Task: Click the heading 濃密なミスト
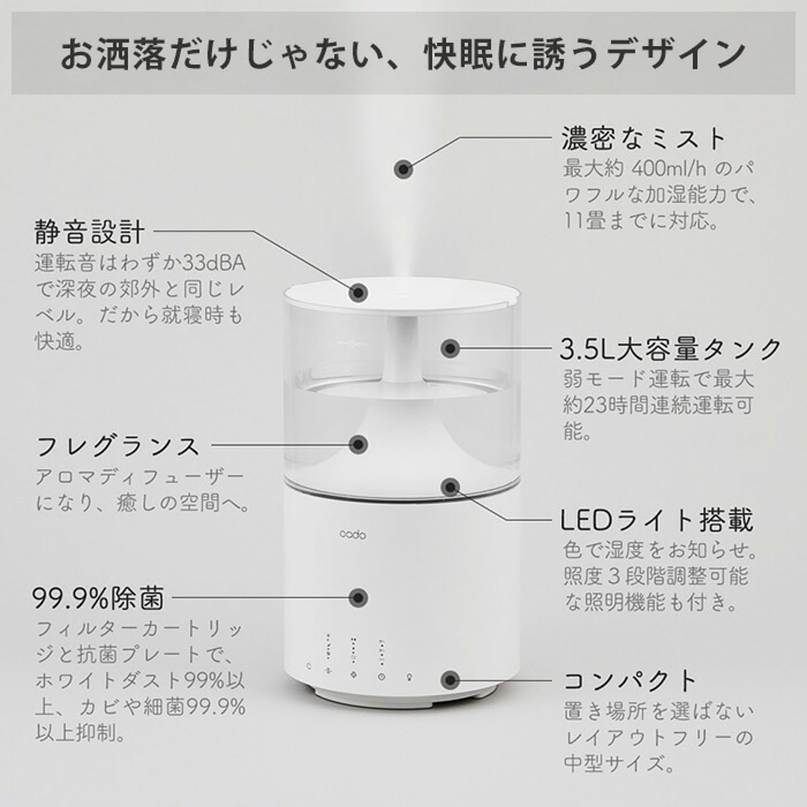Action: click(x=644, y=139)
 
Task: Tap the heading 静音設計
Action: click(x=89, y=232)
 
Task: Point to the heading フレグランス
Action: click(x=118, y=446)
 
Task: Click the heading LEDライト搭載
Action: click(x=657, y=520)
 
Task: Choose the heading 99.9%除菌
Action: click(x=98, y=598)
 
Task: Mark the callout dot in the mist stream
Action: click(x=403, y=169)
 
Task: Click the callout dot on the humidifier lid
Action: click(x=358, y=292)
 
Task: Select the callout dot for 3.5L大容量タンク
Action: click(x=450, y=349)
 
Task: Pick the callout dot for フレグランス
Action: click(x=358, y=444)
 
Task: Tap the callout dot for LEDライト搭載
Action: click(x=450, y=487)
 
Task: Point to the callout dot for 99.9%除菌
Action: click(x=358, y=597)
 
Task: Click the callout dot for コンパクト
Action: click(x=450, y=680)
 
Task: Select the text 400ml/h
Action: click(x=669, y=169)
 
